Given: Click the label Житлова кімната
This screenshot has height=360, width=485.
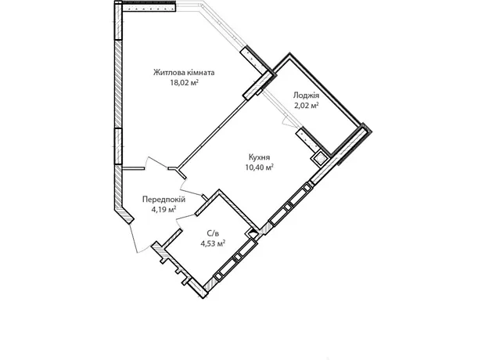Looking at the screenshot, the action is (184, 73).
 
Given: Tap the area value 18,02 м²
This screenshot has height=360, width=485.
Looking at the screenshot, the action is (184, 83).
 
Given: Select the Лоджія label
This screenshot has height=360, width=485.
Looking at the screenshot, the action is (306, 95).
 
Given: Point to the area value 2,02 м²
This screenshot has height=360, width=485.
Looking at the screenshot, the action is (306, 105).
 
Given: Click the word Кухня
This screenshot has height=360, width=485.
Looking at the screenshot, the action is (259, 157).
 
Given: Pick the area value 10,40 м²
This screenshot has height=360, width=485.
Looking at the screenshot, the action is (259, 167).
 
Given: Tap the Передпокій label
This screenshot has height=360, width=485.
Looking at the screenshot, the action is (163, 200).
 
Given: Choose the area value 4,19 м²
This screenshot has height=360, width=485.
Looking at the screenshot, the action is (163, 210).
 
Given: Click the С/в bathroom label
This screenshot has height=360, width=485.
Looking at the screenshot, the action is (213, 233).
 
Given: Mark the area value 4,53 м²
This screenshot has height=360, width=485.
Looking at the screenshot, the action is (213, 243).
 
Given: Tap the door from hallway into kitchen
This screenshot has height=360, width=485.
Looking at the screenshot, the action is (189, 188).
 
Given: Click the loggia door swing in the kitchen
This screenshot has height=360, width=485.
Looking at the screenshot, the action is (289, 122).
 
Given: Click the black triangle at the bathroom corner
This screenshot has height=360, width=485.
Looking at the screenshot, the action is (253, 231).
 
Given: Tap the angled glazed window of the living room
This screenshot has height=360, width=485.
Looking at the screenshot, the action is (221, 24).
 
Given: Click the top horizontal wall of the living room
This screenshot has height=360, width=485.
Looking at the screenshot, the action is (149, 7).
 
